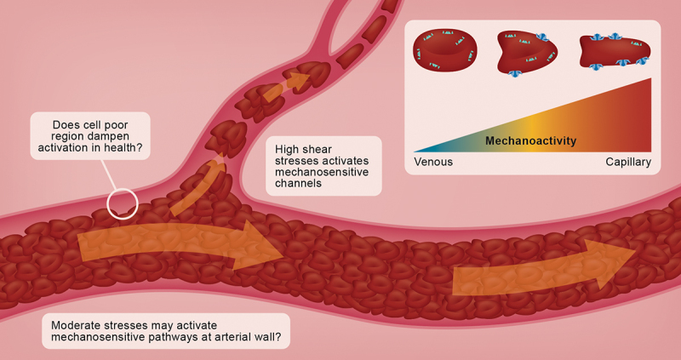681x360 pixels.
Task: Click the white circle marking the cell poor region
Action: (123, 203)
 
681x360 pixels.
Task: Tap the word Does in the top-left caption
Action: (67, 124)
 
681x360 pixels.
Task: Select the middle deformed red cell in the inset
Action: (528, 54)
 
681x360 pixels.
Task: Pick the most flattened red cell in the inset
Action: (614, 54)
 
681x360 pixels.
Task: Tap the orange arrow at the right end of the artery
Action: (545, 268)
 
